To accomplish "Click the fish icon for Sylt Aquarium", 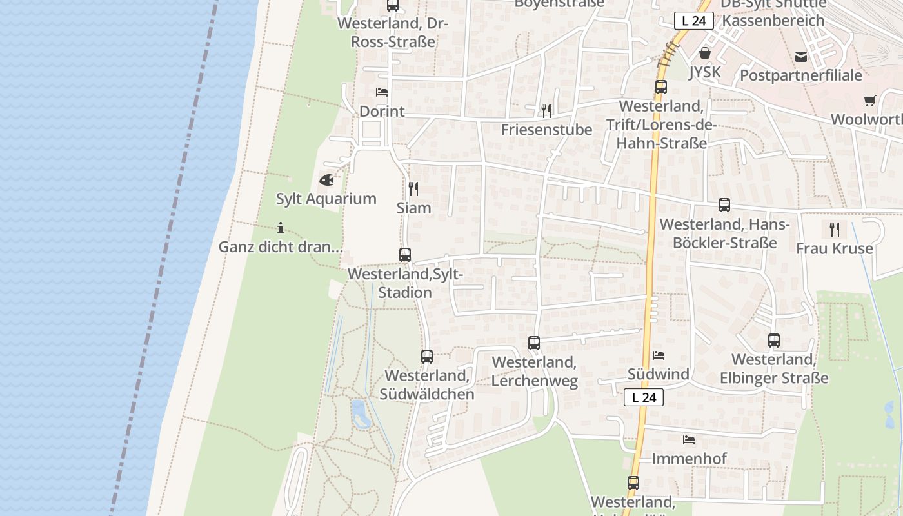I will pos(327,179).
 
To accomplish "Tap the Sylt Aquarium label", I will pos(326,199).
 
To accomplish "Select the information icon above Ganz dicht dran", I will pos(281,228).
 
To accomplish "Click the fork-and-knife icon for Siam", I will pos(413,189).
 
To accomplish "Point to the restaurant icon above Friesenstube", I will pos(546,111).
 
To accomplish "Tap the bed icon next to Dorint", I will pos(382,92).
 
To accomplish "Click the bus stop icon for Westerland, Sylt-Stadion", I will pos(405,255).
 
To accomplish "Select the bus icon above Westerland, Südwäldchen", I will pos(427,357).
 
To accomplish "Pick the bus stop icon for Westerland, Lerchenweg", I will pos(534,343).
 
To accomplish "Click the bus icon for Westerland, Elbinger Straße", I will pos(774,341).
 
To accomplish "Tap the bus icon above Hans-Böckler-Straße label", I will pos(724,206).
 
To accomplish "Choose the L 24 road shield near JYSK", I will pos(694,21).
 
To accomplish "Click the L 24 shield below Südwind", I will pos(644,397).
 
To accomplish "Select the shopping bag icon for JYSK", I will pos(705,53).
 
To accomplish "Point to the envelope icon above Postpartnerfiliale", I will pos(801,57).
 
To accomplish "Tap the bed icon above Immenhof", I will pos(689,440).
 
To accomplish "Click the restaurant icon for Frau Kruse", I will pos(835,230).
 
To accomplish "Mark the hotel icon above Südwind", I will pos(659,355).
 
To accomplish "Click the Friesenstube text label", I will pos(546,130).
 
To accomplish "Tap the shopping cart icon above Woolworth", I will pos(870,101).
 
